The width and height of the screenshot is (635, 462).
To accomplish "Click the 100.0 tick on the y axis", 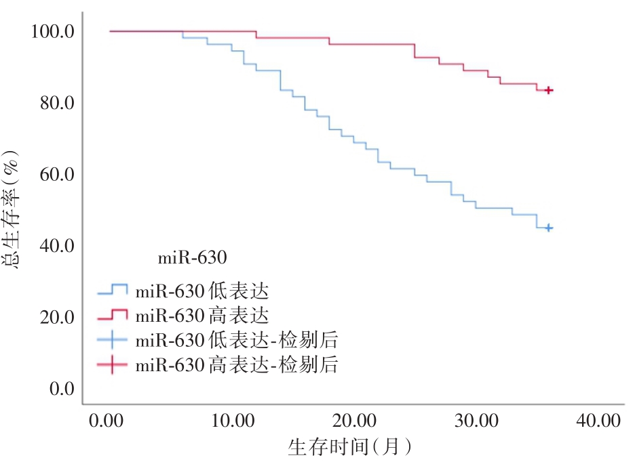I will [x=52, y=31].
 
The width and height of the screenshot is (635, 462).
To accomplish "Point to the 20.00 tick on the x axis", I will [x=355, y=421].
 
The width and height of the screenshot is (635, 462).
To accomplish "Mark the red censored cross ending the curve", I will [x=549, y=90].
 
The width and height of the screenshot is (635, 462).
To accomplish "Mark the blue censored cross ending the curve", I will [x=549, y=228].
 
